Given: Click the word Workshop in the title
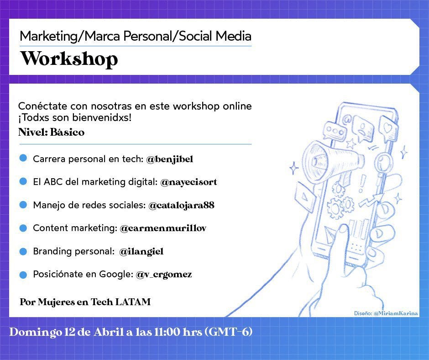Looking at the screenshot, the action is coord(69,58).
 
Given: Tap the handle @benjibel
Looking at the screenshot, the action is coord(170,159).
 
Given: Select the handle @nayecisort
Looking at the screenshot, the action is coord(188,182).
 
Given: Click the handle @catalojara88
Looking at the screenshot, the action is coord(181,206).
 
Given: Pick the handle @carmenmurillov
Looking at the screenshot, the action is coord(163,228).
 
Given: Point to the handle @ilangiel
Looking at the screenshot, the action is coord(141,252).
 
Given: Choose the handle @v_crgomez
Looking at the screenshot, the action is coord(163,274).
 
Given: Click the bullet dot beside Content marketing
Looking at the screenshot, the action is coord(23,228).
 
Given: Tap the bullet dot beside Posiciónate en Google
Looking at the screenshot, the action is coord(23,275).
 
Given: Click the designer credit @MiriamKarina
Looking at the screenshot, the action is coord(396,313).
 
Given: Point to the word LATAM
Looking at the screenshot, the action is coord(133,302).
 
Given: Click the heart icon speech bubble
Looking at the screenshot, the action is coord(388,128).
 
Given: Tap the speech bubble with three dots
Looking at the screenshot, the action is coord(335,132).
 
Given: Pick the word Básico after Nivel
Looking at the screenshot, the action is coord(67,132).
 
